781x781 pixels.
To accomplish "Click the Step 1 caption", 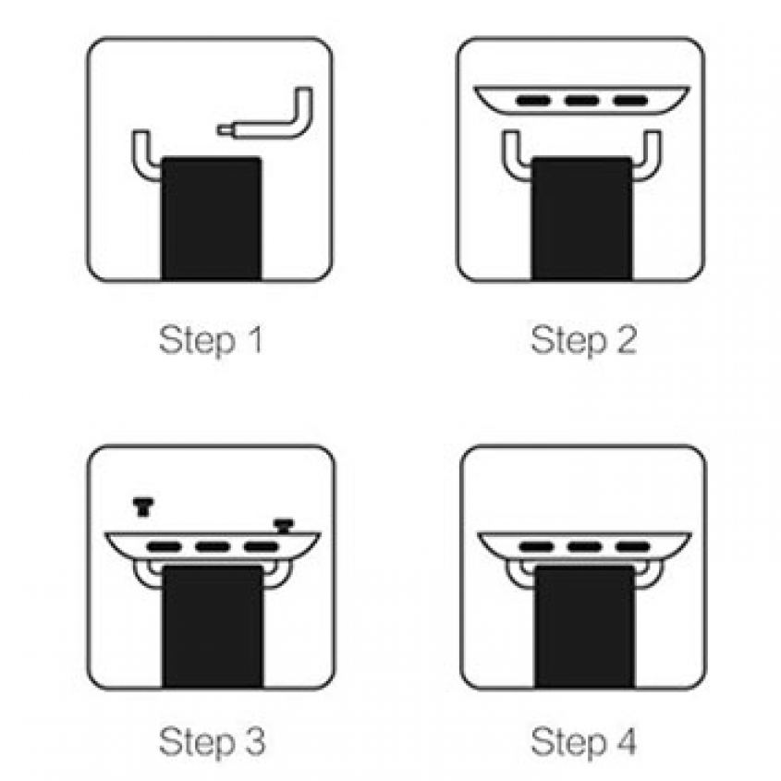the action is click(x=210, y=341).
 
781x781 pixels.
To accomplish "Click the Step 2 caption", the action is click(x=584, y=341).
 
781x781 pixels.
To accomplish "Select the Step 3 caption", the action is click(x=212, y=741).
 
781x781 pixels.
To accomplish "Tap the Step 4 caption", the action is click(x=584, y=741).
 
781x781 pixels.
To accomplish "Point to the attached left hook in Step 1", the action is click(x=141, y=159).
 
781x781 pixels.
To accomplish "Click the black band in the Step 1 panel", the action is click(x=211, y=219).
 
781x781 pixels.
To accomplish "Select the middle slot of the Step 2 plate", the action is click(x=581, y=101).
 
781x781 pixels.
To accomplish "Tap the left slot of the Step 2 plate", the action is click(x=533, y=101).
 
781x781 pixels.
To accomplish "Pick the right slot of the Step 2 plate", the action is click(x=630, y=101).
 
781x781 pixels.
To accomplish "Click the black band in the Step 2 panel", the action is click(x=581, y=219).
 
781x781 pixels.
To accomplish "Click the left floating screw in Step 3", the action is click(x=143, y=506).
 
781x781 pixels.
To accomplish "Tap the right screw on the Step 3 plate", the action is click(x=284, y=526).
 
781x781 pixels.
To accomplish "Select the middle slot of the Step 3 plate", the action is click(x=213, y=547).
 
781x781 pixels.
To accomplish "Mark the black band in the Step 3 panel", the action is click(x=213, y=627).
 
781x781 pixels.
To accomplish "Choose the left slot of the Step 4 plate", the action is click(x=536, y=547).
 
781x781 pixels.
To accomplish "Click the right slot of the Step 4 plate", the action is click(x=632, y=547).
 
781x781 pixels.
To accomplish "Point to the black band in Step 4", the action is click(x=585, y=627).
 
